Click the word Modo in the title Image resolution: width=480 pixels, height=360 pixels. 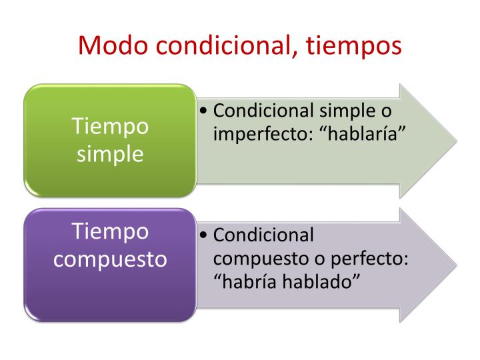tap(113, 45)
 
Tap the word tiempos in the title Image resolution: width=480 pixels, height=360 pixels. tap(353, 47)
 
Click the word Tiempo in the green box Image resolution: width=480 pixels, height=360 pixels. tap(110, 126)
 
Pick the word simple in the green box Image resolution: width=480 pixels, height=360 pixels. tap(110, 154)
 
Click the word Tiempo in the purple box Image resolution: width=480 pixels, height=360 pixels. tap(110, 231)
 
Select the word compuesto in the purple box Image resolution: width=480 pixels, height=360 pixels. tap(110, 259)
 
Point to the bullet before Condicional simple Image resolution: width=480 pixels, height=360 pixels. tap(203, 111)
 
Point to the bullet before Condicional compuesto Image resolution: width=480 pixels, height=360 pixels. tap(203, 235)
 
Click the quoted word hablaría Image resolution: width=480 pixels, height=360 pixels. tap(363, 133)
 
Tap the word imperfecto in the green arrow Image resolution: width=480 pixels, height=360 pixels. tap(263, 135)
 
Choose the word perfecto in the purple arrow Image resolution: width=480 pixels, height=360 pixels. tap(369, 259)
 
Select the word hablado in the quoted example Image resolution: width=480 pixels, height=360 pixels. tap(321, 281)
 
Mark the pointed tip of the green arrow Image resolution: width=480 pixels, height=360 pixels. tap(457, 141)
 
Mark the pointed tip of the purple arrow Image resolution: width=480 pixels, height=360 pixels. tap(457, 265)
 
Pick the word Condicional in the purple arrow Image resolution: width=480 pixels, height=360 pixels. tap(263, 235)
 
